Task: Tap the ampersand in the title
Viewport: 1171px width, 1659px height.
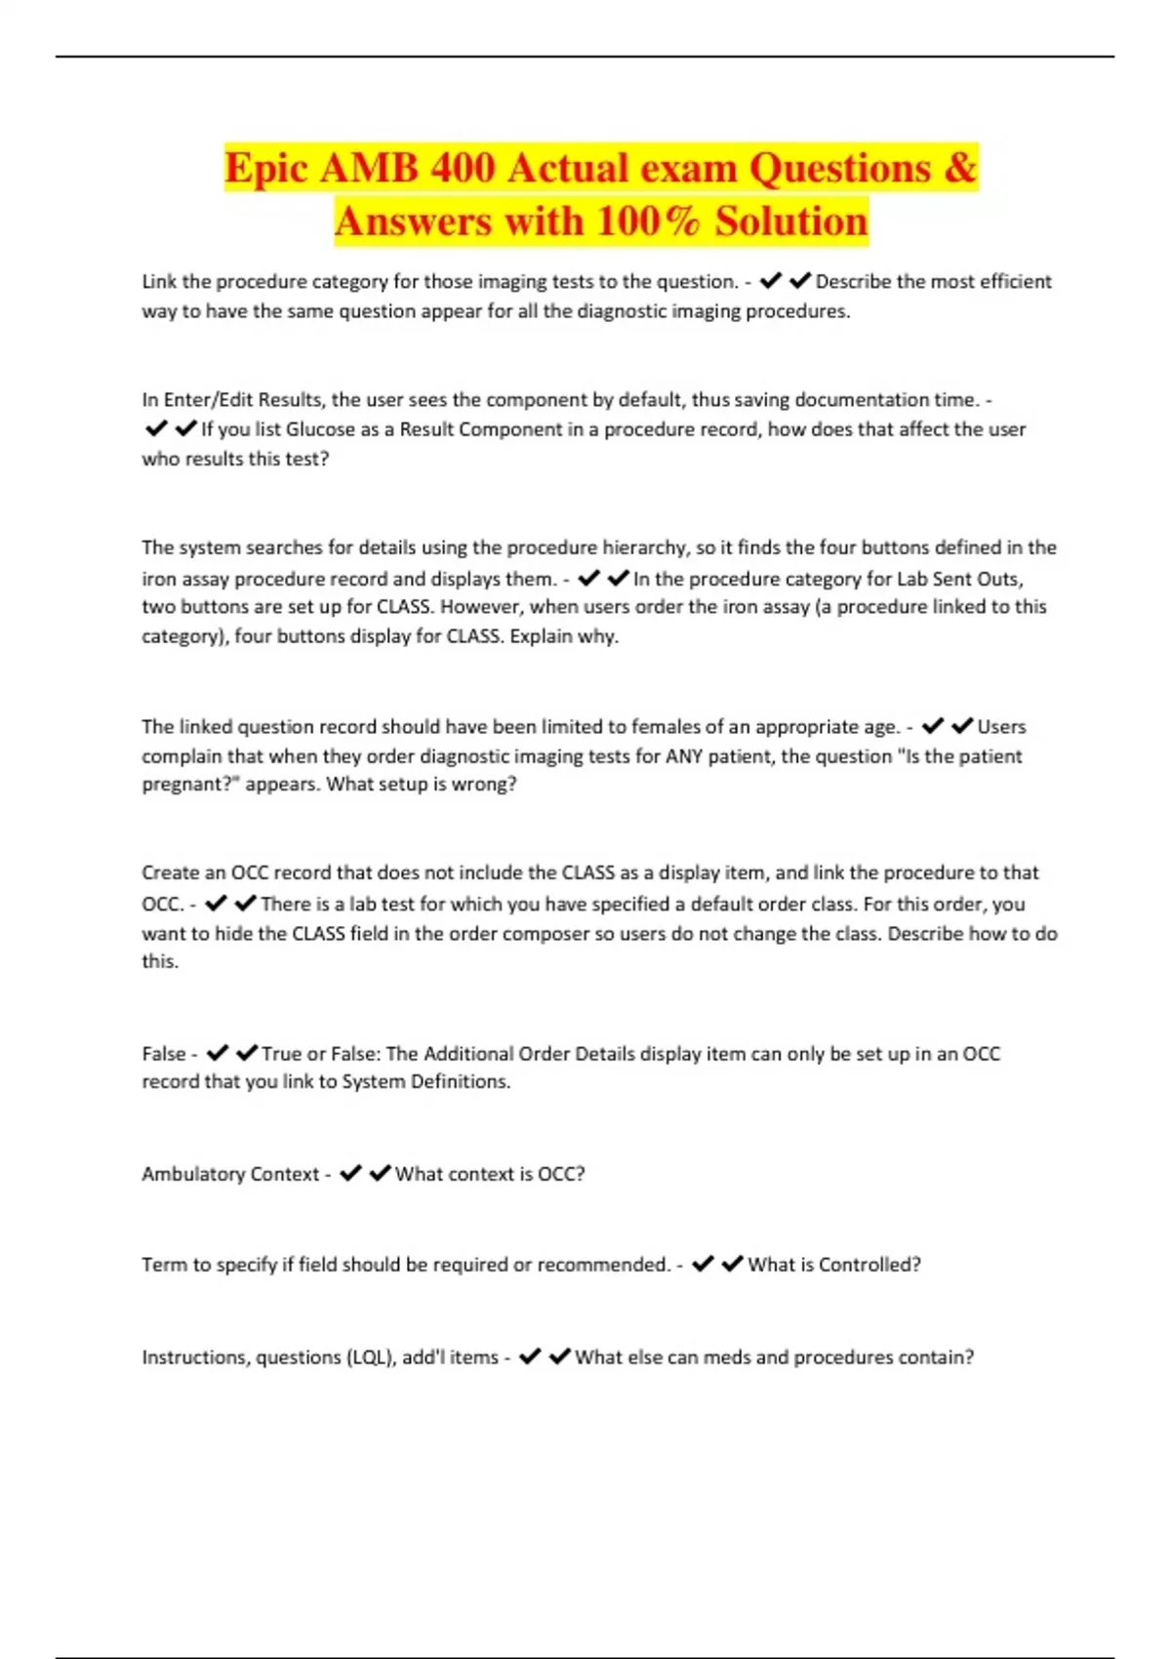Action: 959,168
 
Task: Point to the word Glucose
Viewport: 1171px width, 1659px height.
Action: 320,429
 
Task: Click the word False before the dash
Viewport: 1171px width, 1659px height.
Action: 164,1054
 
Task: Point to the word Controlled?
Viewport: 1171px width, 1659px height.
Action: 869,1265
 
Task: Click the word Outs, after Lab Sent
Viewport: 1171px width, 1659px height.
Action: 1000,579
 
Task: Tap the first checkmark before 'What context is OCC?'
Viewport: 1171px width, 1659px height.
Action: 350,1173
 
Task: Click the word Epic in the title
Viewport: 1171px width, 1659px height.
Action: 265,168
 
